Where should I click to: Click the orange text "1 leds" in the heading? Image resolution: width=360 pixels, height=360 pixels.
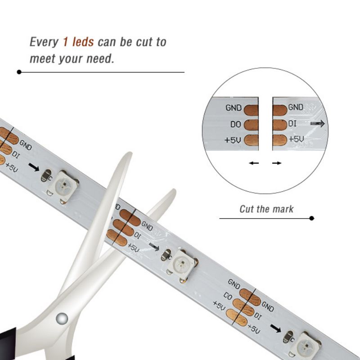[x=78, y=42]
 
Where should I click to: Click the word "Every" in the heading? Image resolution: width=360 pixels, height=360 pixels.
[x=44, y=42]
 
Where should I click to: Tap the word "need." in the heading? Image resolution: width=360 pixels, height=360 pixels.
[x=100, y=58]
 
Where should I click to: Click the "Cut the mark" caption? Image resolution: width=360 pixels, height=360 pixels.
[x=266, y=209]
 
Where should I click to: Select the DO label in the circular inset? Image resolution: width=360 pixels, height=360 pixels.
[x=235, y=124]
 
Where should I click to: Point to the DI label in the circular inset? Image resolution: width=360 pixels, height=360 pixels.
[x=292, y=124]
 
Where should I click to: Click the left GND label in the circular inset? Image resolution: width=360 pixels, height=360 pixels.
[x=234, y=108]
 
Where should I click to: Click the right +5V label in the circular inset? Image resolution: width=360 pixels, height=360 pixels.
[x=297, y=139]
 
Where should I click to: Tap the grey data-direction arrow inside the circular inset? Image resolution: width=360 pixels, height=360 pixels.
[x=318, y=124]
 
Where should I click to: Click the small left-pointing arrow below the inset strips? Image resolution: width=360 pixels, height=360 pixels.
[x=254, y=163]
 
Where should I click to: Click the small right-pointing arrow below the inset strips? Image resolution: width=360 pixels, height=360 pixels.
[x=277, y=163]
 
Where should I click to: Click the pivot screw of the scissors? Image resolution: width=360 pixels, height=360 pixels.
[x=62, y=319]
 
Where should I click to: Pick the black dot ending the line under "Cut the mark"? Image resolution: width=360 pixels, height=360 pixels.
[x=311, y=218]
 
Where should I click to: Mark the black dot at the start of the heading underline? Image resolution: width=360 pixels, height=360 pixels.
[x=19, y=72]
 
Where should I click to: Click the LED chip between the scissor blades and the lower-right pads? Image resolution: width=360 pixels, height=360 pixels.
[x=183, y=265]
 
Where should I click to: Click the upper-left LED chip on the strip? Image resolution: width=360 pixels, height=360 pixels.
[x=63, y=186]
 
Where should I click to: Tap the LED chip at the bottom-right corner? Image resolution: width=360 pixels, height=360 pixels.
[x=306, y=346]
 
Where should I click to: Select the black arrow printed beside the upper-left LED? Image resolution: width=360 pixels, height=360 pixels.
[x=34, y=167]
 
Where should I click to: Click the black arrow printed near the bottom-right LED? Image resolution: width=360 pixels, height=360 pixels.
[x=276, y=328]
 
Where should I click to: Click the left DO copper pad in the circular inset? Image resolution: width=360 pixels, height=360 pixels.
[x=251, y=125]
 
